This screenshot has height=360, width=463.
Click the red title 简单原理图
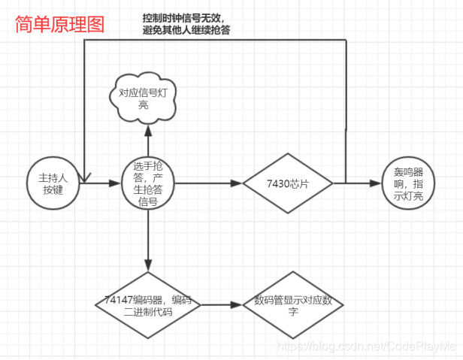point(59,24)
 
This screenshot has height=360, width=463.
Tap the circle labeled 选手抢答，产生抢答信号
point(148,183)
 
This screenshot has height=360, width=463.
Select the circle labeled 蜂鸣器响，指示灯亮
point(407,183)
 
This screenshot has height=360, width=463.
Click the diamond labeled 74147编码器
point(147,305)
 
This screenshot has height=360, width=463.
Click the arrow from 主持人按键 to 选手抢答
point(101,183)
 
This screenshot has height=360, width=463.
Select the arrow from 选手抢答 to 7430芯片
point(210,183)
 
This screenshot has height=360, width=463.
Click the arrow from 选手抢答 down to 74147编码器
point(148,241)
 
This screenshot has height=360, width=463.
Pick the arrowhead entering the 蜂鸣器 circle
point(375,183)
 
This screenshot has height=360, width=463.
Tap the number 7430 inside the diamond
point(278,183)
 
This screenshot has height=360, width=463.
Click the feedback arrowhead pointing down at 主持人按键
point(85,177)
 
